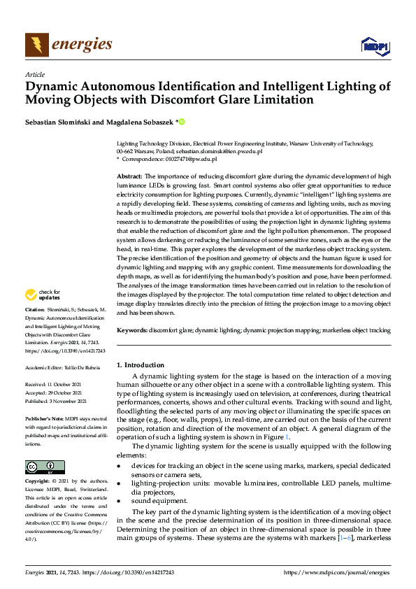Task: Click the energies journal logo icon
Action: point(34,45)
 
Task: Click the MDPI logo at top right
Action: point(374,46)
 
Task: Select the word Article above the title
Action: point(34,74)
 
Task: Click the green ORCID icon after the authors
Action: point(182,122)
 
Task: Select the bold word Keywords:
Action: point(132,329)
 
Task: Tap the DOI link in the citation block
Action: point(64,350)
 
